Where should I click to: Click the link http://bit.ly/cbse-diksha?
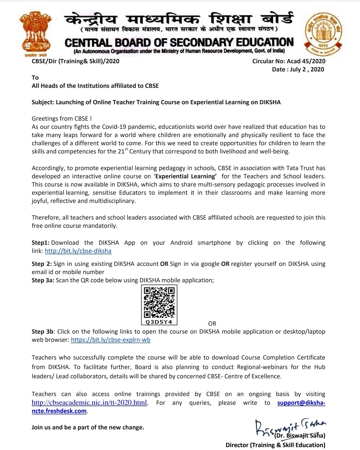[x=78, y=251]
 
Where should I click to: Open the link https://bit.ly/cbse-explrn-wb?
[x=111, y=340]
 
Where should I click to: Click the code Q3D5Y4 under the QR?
[x=159, y=322]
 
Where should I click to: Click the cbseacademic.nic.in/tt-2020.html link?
[x=89, y=402]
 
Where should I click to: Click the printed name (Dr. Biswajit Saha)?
[x=300, y=435]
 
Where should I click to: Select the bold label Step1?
[x=40, y=243]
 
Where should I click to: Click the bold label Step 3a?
[x=43, y=280]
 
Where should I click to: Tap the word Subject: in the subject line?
[x=43, y=102]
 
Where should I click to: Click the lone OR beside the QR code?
[x=212, y=324]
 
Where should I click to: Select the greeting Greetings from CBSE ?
[x=62, y=119]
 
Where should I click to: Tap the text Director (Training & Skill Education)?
[x=275, y=445]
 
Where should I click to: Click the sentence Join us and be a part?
[x=88, y=427]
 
